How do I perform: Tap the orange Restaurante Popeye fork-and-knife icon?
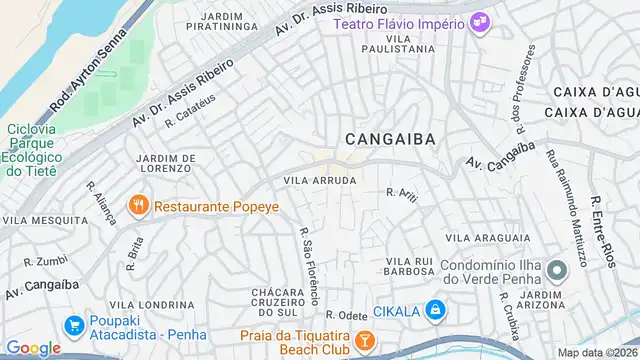pos(139,208)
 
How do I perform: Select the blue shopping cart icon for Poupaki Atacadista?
pos(73,326)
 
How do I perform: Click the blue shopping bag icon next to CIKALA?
pos(434,311)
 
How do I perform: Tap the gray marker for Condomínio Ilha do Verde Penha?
pos(556,270)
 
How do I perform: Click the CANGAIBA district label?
pos(390,140)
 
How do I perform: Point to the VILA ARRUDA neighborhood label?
pos(319,180)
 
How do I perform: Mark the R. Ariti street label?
pos(401,195)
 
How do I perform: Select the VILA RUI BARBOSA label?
pos(408,267)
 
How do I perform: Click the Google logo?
pos(33,347)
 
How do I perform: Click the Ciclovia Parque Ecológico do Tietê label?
pos(36,150)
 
